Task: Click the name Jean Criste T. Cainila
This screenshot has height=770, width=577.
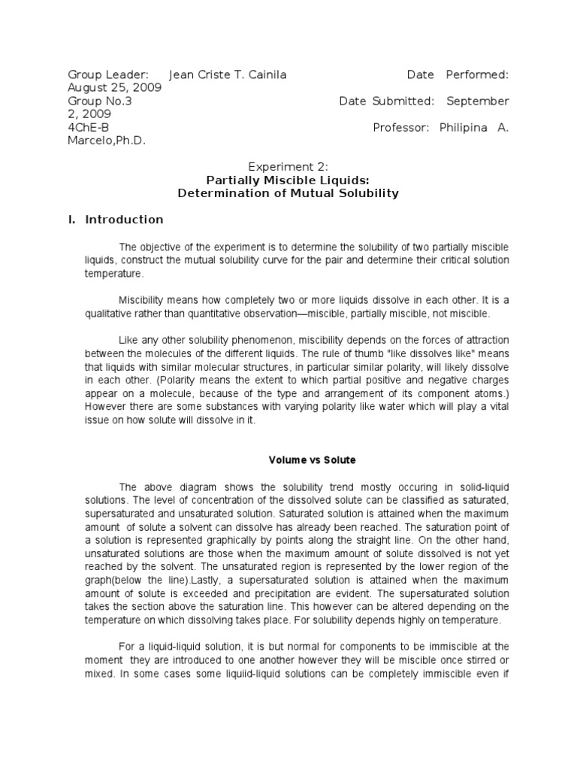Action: coord(228,74)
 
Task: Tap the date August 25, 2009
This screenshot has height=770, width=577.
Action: coord(113,87)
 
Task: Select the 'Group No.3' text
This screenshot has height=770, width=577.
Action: coord(100,101)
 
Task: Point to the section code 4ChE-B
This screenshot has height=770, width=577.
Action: coord(89,127)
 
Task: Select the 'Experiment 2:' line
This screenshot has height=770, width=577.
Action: coord(288,167)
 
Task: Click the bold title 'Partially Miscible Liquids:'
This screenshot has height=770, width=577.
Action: coord(288,180)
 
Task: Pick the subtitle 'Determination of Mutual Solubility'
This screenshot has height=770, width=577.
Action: coord(288,193)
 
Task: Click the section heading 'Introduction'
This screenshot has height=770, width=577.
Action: coord(124,220)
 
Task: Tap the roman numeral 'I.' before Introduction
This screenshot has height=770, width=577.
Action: coord(71,220)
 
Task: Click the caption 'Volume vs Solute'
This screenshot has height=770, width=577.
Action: coord(303,459)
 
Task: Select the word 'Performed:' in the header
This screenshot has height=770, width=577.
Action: coord(477,74)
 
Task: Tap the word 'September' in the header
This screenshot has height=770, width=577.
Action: coord(478,101)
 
